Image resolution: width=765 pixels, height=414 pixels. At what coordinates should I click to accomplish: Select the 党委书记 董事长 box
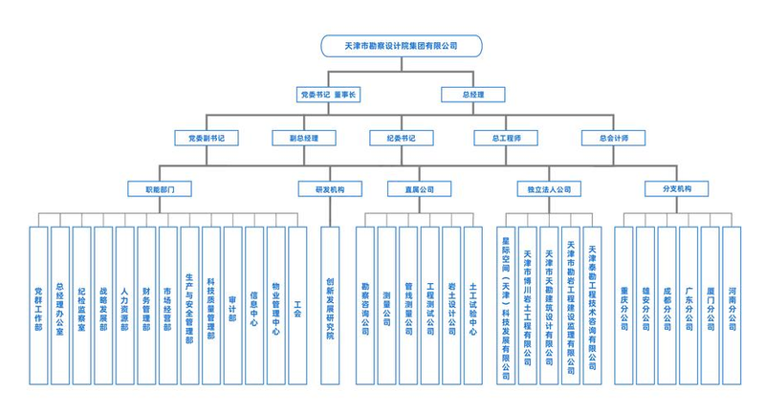coord(327,95)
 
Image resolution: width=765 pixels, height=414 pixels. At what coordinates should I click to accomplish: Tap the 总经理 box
coord(472,95)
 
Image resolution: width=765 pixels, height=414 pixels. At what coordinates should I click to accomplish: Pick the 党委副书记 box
coord(206,138)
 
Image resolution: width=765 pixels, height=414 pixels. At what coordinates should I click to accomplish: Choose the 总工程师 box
coord(506,138)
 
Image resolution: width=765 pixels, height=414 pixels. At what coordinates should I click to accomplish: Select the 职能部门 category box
coord(160,188)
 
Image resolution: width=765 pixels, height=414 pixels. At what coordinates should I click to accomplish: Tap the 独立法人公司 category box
coord(548,188)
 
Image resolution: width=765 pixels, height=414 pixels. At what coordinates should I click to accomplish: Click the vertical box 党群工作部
coord(38,304)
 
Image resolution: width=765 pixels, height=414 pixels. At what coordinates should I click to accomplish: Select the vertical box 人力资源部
coord(124,304)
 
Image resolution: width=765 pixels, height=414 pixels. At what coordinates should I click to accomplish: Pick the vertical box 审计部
coord(232,304)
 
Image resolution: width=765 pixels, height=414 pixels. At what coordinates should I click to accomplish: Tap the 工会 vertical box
coord(297,304)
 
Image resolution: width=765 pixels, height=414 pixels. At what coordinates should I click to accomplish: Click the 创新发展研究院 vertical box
coord(330,304)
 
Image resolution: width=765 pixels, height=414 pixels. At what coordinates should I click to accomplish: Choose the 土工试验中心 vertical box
coord(473,304)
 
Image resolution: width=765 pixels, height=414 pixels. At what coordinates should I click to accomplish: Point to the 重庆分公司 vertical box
coord(623,304)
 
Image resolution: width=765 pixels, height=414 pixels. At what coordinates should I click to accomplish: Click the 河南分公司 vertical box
coord(732,304)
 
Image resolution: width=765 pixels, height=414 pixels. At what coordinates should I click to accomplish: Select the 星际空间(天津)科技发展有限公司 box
coord(506,304)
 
